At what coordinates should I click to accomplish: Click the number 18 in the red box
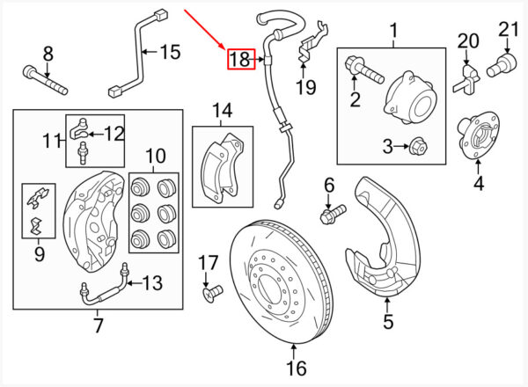240,60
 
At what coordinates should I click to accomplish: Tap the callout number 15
171,52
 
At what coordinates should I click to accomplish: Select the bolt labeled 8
46,80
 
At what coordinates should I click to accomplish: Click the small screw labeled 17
212,293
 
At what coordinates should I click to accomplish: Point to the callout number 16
297,369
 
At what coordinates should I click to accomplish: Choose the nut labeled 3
416,147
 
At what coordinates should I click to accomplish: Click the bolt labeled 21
502,65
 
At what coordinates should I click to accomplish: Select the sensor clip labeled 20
466,80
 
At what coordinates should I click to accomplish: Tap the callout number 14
223,110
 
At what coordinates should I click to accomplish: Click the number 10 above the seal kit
156,157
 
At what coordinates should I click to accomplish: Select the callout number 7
98,325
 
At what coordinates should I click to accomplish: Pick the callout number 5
388,321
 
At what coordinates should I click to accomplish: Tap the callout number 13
152,283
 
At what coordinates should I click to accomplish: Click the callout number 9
40,254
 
